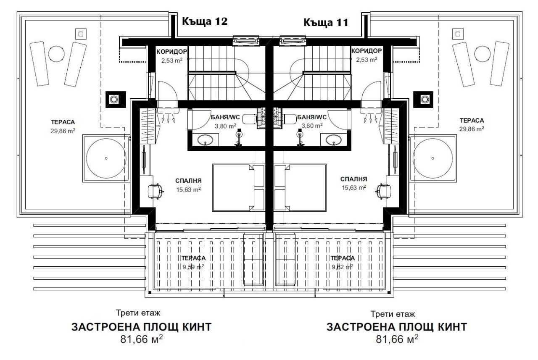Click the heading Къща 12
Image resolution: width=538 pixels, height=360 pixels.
click(x=204, y=22)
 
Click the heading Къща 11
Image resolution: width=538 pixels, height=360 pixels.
click(x=326, y=23)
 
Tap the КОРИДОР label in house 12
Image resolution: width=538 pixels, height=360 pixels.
click(x=171, y=51)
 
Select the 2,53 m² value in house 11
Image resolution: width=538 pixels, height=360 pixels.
click(x=366, y=60)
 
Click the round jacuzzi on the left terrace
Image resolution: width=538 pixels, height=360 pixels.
click(x=106, y=158)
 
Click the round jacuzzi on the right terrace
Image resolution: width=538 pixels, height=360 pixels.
click(x=433, y=158)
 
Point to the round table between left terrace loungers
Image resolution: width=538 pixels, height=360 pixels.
click(x=56, y=53)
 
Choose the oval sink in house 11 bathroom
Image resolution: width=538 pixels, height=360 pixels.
click(x=333, y=139)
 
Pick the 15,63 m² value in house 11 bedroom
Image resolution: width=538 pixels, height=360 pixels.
click(x=353, y=187)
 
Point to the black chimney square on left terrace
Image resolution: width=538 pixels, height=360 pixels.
click(x=114, y=99)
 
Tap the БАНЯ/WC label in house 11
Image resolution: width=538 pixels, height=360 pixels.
click(x=311, y=118)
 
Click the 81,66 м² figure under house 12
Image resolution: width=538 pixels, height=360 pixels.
click(x=141, y=339)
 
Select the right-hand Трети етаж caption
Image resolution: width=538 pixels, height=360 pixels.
click(x=393, y=314)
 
